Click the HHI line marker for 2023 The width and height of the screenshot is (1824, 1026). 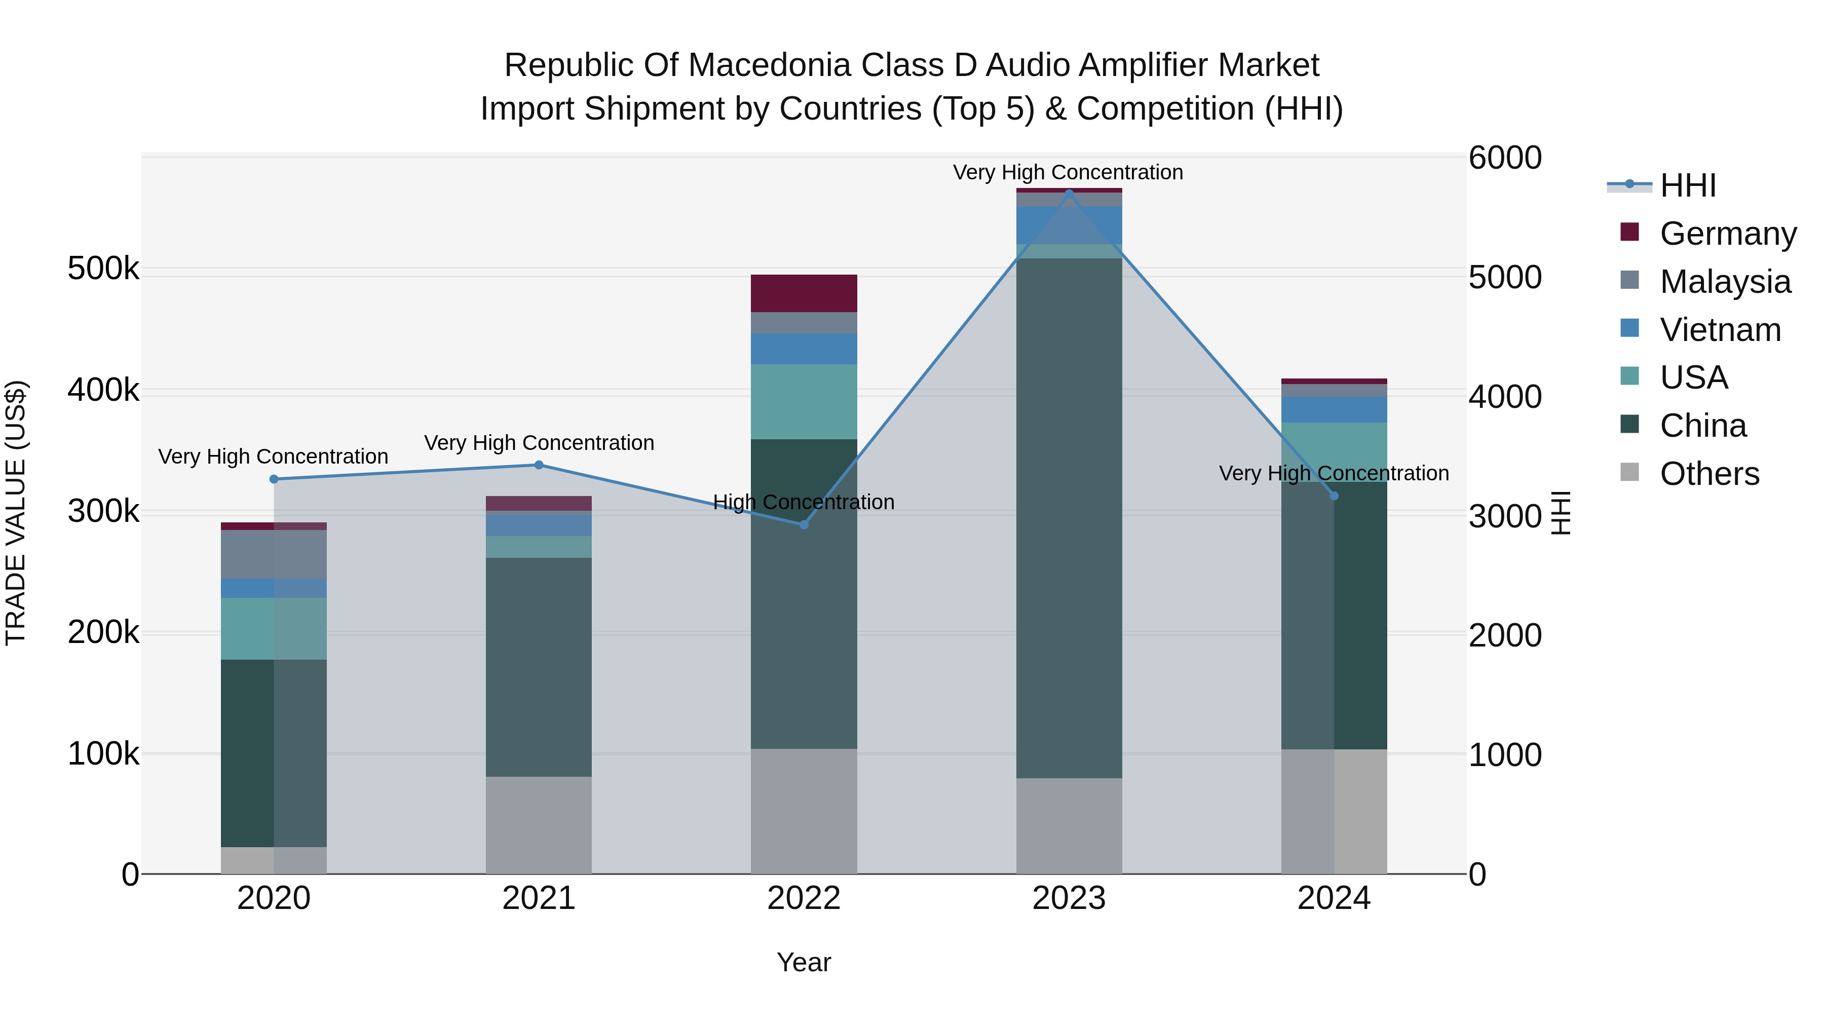click(1069, 193)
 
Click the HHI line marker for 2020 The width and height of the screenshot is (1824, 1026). click(274, 479)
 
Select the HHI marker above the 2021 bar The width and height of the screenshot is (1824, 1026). click(539, 465)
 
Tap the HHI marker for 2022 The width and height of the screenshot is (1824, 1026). click(804, 525)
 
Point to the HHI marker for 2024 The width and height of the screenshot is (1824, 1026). click(1334, 496)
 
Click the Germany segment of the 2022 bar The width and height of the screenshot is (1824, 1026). click(804, 293)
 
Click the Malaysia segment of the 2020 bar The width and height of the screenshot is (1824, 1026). click(274, 554)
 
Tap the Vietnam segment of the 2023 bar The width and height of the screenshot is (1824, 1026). click(1069, 225)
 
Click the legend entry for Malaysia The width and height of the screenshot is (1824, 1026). click(1725, 282)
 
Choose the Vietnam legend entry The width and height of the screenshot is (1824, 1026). click(1720, 330)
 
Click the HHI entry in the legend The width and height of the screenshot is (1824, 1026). click(1687, 185)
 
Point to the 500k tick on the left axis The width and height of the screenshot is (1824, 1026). click(103, 269)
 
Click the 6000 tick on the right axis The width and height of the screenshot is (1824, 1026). click(1505, 158)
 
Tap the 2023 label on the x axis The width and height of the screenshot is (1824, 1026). click(1069, 898)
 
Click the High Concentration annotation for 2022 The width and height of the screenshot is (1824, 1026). click(804, 502)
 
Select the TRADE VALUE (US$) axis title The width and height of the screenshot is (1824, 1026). click(16, 513)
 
